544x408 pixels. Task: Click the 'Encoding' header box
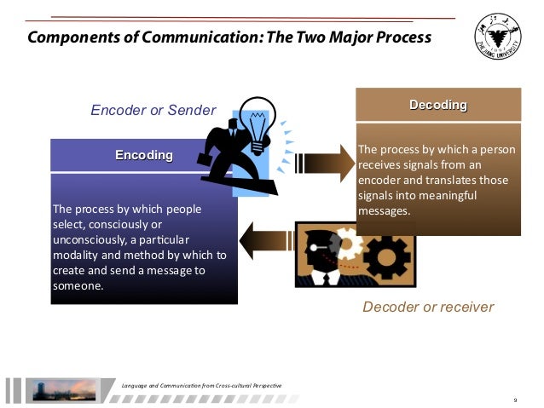point(144,155)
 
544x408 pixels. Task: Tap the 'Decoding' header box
point(438,105)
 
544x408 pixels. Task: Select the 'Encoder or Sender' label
point(153,110)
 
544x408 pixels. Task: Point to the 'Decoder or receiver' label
point(428,306)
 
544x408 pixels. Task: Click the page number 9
point(515,399)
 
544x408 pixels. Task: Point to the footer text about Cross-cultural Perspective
point(202,388)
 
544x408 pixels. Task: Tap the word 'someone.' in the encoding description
point(78,286)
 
